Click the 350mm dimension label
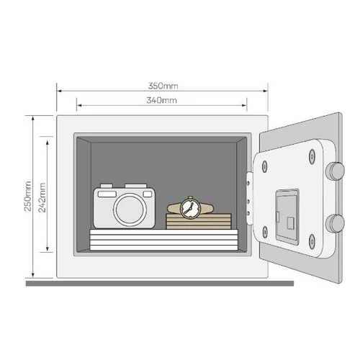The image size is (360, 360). [x=163, y=86]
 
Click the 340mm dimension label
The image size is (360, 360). [x=161, y=100]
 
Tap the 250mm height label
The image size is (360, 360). [x=28, y=196]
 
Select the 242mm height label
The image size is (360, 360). [x=42, y=197]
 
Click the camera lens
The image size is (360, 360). [x=130, y=209]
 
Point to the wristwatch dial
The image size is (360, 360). [x=190, y=208]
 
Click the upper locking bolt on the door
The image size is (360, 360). [x=335, y=171]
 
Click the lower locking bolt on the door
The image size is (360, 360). [x=335, y=223]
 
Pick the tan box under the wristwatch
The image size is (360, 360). [x=199, y=221]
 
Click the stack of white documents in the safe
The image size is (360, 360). [x=164, y=240]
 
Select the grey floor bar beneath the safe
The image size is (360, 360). [x=160, y=284]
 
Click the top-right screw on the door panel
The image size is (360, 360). [x=312, y=156]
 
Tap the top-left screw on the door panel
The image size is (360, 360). [x=264, y=166]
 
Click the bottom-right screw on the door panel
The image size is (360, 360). [x=312, y=241]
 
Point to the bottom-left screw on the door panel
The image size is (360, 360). [x=264, y=232]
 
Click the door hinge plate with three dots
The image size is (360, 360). [x=249, y=198]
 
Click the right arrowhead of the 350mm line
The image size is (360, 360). [x=266, y=91]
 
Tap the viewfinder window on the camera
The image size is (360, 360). [x=107, y=194]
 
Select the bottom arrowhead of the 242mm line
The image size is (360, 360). [x=48, y=248]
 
